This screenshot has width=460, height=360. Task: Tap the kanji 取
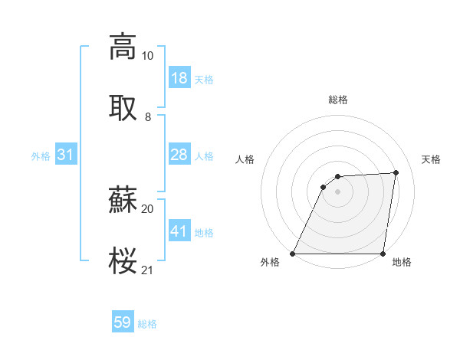[x=123, y=106]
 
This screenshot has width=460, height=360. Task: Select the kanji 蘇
[x=123, y=200]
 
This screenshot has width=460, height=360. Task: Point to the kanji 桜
[x=123, y=260]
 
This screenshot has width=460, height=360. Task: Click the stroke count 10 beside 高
[x=147, y=56]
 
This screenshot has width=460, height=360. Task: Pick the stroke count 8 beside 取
[x=147, y=116]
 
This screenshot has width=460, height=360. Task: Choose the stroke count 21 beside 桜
[x=147, y=270]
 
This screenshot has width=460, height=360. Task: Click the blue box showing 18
[x=179, y=78]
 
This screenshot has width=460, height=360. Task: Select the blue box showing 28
[x=179, y=155]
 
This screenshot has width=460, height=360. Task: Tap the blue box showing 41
[x=179, y=231]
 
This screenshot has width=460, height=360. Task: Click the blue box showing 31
[x=66, y=155]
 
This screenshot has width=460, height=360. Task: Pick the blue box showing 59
[x=123, y=323]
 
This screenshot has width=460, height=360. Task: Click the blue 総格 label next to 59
[x=147, y=324]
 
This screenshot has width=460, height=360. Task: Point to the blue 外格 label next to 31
[x=41, y=156]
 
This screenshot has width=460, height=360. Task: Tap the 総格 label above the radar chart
[x=337, y=100]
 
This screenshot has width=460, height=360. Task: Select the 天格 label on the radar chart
[x=431, y=159]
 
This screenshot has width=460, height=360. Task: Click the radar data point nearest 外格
[x=293, y=254]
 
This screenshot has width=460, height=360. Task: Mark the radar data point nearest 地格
[x=383, y=254]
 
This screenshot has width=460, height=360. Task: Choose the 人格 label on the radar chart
[x=245, y=159]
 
